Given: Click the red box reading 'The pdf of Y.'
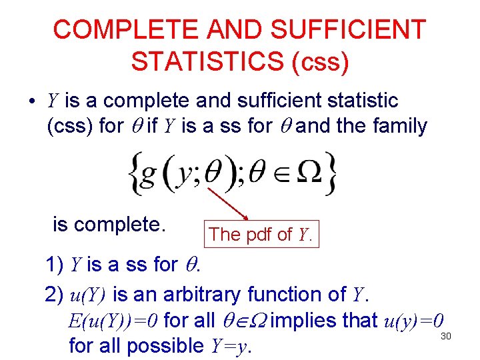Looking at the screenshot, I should pos(261,234).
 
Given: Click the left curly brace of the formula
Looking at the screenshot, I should pos(134,173).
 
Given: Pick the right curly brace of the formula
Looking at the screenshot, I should pos(331,173).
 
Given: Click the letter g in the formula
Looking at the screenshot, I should pos(153,175).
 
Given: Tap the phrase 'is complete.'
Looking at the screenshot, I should pos(109,225).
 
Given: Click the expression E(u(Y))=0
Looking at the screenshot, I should pos(113,321).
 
